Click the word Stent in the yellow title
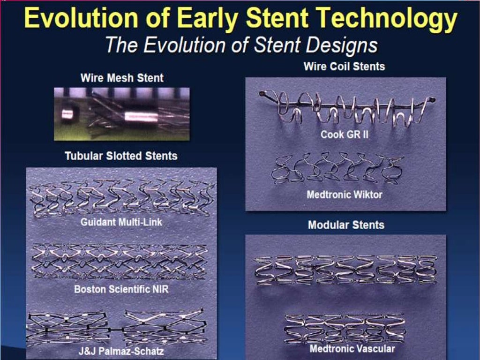(x=281, y=19)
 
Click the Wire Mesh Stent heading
(x=122, y=78)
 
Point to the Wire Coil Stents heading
(x=344, y=66)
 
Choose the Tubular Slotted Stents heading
(x=121, y=156)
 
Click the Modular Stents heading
(x=346, y=225)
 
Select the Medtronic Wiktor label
(x=345, y=194)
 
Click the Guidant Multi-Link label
(x=121, y=222)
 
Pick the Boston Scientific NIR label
(x=121, y=289)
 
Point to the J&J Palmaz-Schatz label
(x=121, y=351)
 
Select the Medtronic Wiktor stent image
(x=337, y=168)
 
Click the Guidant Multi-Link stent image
(x=121, y=197)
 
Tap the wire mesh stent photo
(x=121, y=114)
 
